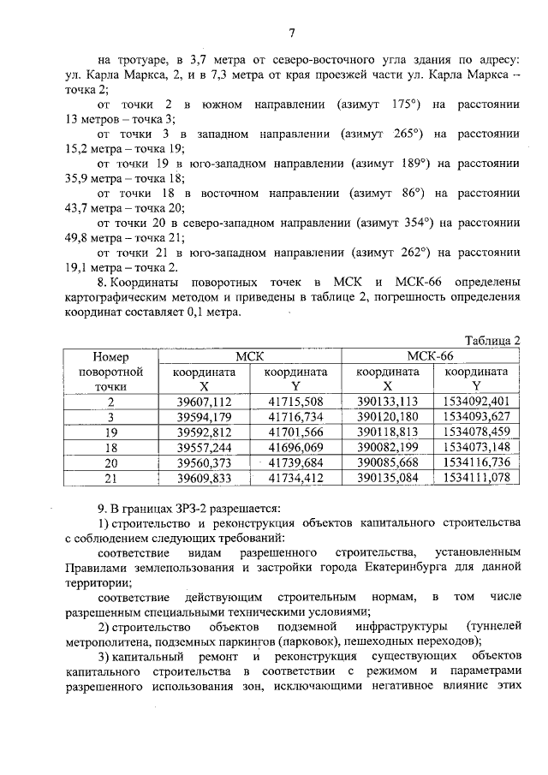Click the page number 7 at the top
coord(291,33)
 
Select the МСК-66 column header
coord(432,355)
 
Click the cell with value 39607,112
coord(204,402)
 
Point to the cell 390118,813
coord(387,432)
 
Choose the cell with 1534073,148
coord(477,447)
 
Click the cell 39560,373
coord(204,462)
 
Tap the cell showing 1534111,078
coord(477,477)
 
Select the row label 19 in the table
coord(110,432)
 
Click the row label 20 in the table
coord(110,462)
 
